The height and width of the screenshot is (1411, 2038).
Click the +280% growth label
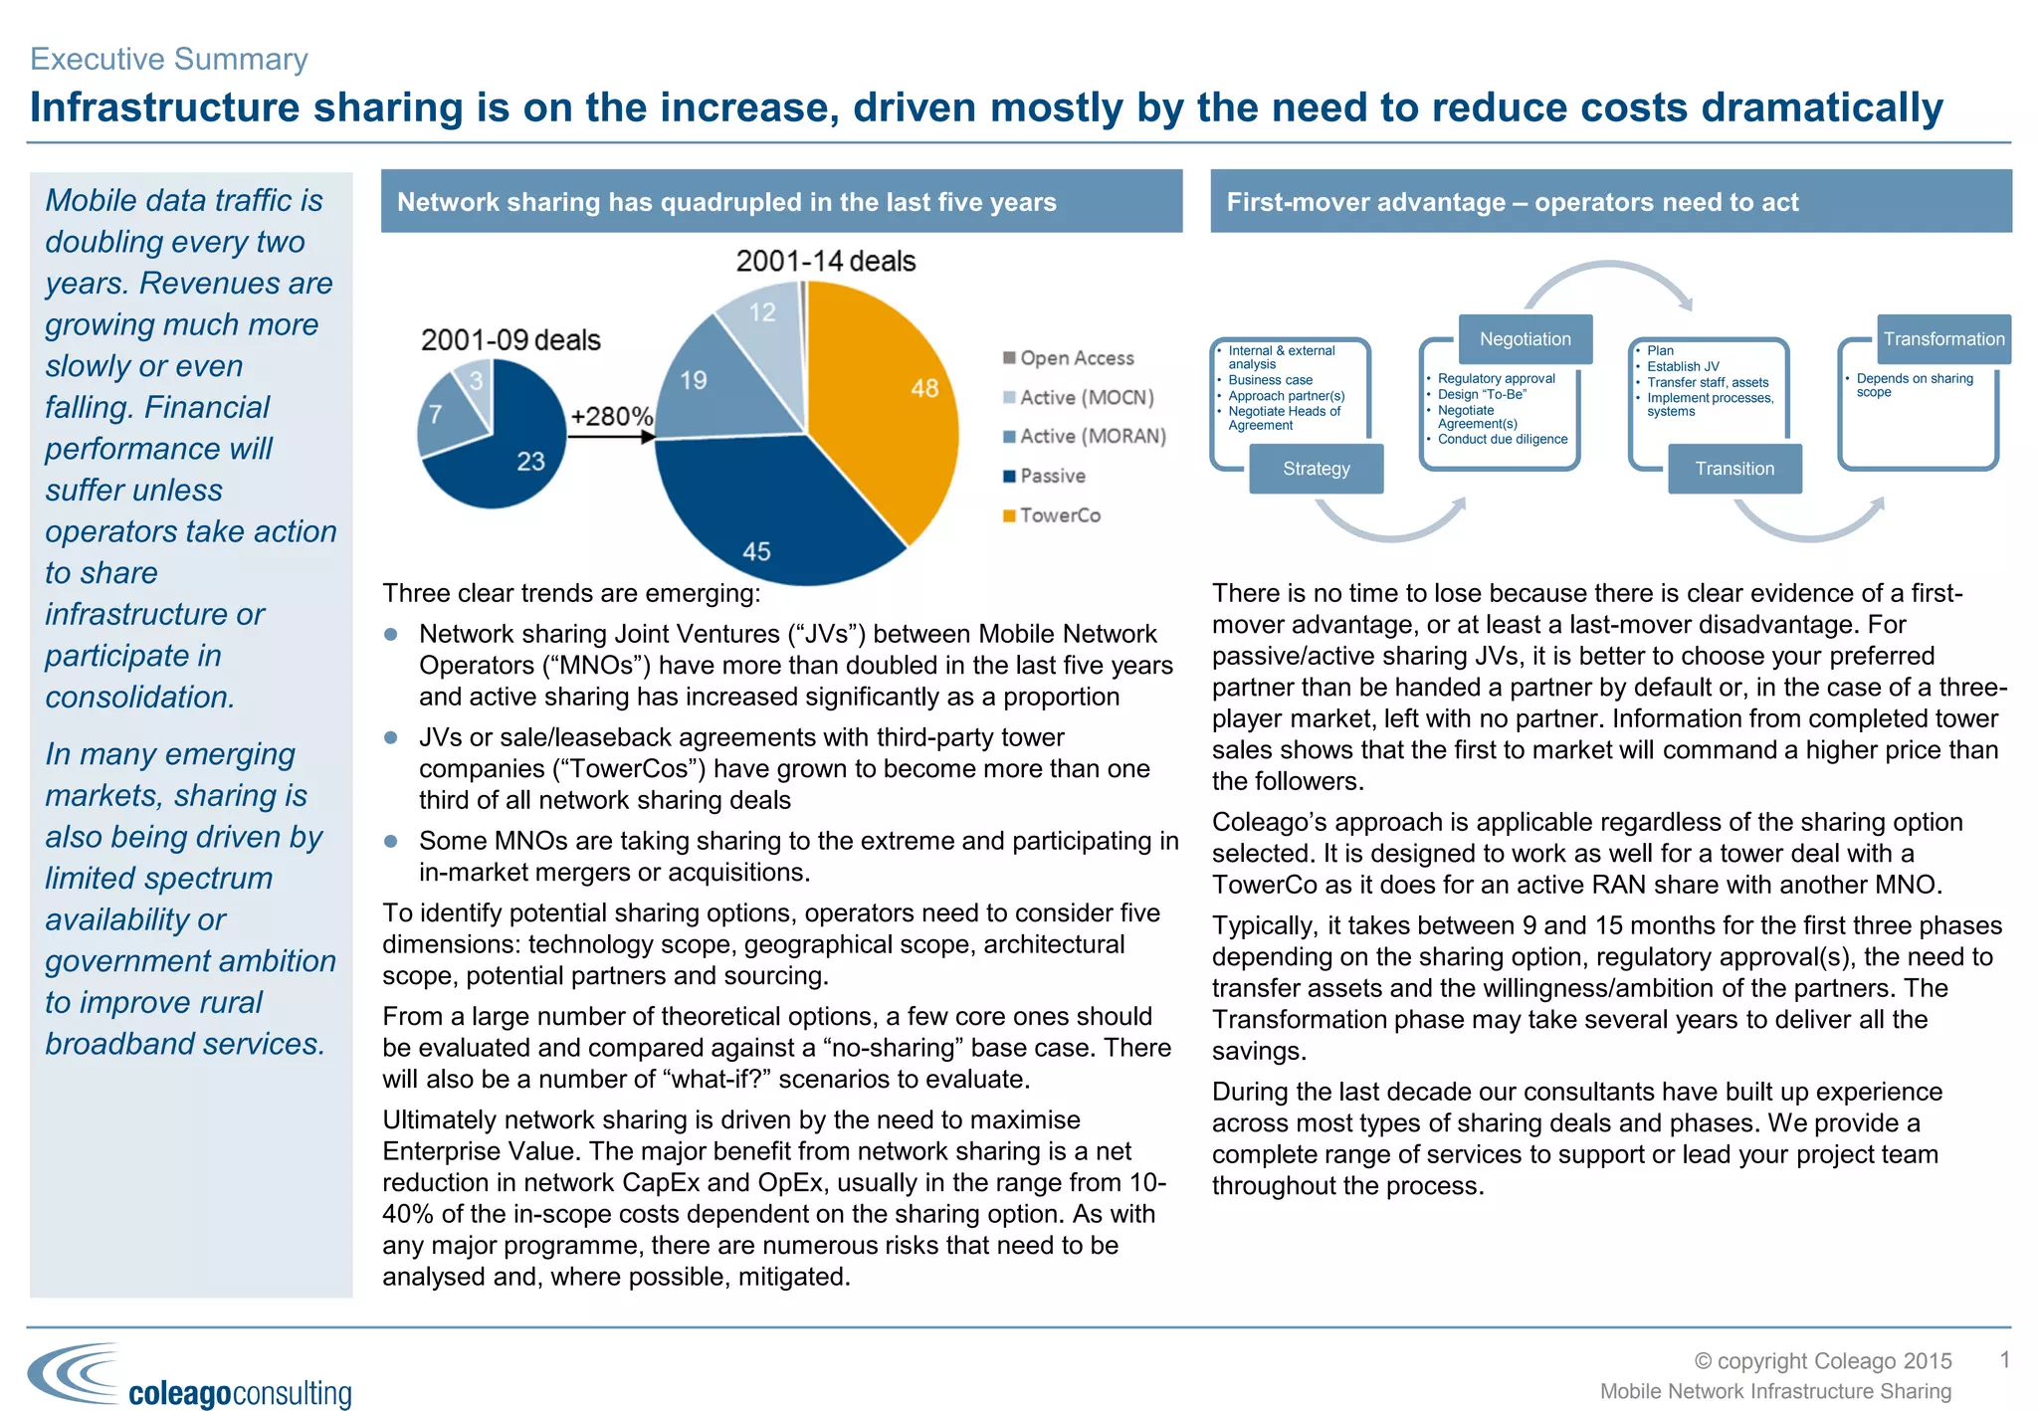click(611, 416)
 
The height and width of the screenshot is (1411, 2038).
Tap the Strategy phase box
click(1316, 469)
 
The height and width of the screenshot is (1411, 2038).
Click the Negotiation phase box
click(1525, 339)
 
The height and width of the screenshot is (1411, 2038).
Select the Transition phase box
click(1734, 469)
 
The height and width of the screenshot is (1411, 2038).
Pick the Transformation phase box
click(1943, 339)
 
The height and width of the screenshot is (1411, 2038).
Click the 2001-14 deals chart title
click(825, 262)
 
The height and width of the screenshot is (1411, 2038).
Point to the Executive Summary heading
click(169, 59)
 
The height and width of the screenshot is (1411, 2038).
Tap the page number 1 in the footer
click(2005, 1359)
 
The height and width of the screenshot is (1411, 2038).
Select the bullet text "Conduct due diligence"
click(1502, 439)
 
